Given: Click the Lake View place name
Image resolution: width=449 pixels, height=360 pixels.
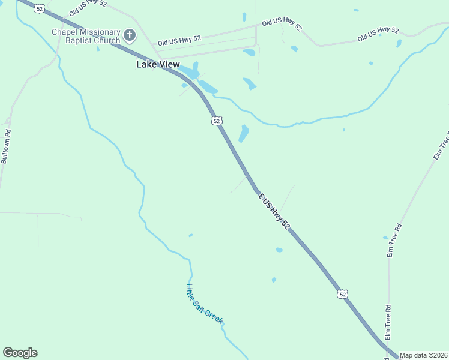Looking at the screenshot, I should tap(158, 64).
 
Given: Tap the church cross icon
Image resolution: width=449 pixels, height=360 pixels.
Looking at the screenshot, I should tap(130, 36).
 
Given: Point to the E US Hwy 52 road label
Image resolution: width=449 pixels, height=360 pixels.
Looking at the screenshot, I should tap(274, 211).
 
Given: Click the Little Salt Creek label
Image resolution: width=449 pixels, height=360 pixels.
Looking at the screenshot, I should tap(204, 304).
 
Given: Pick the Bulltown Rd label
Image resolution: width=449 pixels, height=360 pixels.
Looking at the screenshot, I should tap(5, 147).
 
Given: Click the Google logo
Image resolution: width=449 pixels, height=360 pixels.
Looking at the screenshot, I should tap(20, 353).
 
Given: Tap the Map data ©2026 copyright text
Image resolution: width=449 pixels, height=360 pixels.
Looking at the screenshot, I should tap(424, 355).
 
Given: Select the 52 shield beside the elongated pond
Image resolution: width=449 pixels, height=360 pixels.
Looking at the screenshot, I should tap(217, 121).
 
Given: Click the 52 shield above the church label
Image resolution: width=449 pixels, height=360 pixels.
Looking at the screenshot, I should tap(40, 8).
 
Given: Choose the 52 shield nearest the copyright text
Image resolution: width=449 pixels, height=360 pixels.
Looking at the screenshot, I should tap(342, 294).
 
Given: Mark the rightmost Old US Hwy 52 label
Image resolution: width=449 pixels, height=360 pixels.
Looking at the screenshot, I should tap(378, 34).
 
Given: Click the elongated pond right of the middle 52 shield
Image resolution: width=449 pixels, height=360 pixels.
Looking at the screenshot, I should tap(244, 133).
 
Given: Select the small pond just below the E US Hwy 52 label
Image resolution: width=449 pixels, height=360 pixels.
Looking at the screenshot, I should tap(279, 250).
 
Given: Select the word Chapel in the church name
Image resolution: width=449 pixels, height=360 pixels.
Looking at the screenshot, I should tap(65, 32).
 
